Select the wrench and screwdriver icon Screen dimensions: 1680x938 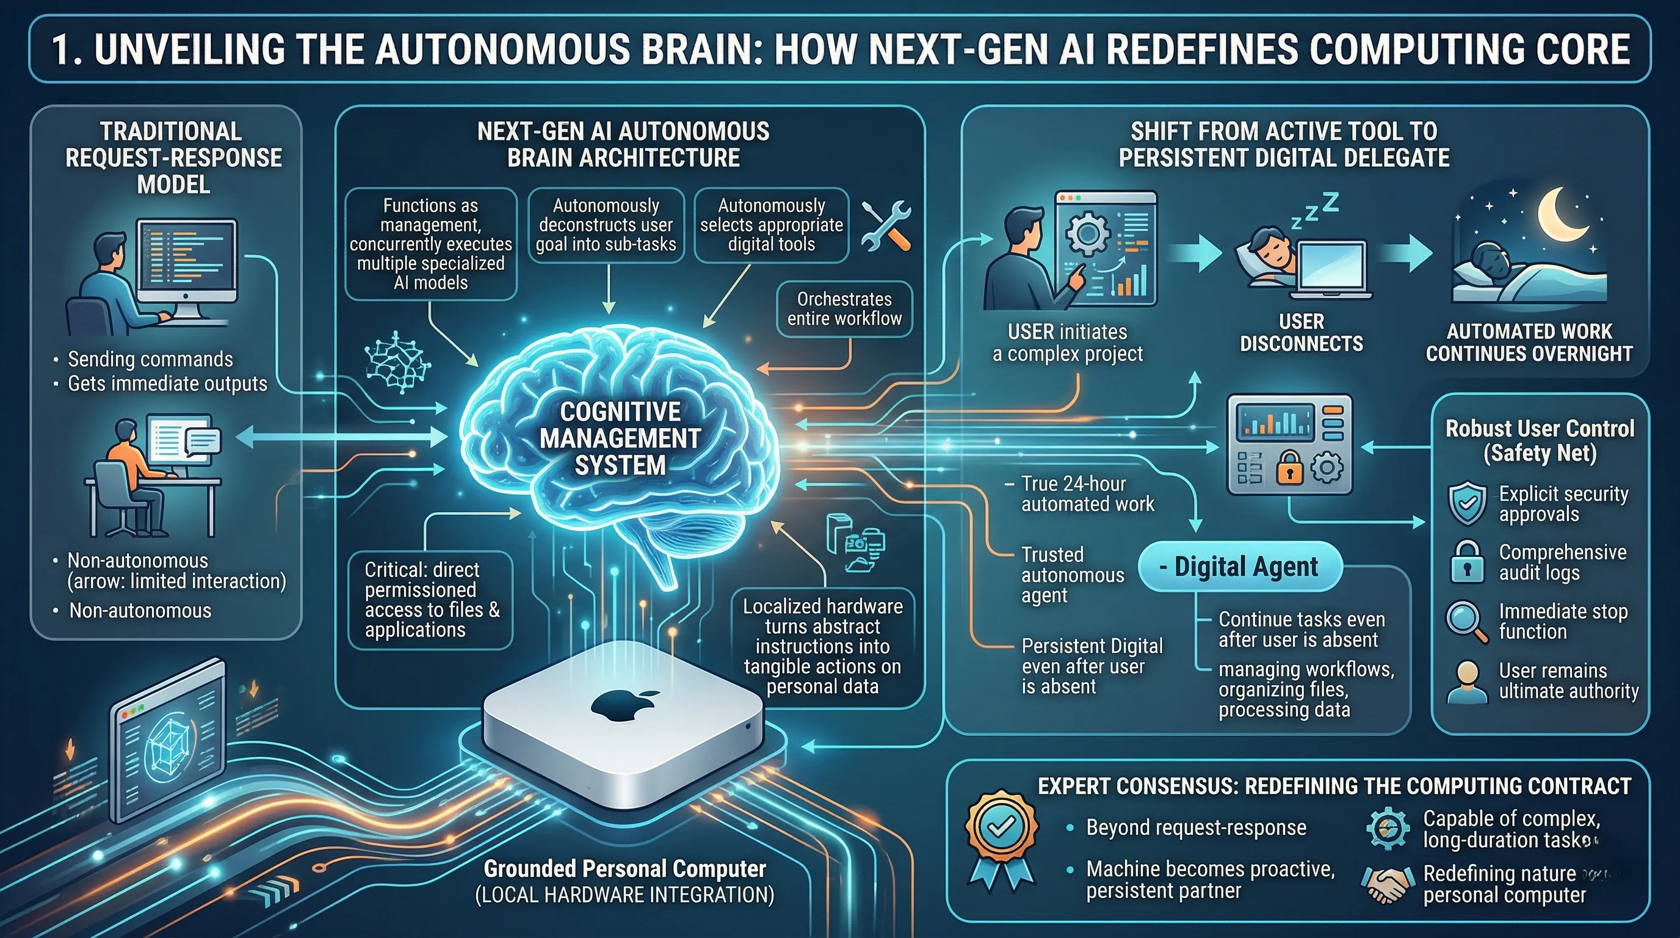pyautogui.click(x=886, y=225)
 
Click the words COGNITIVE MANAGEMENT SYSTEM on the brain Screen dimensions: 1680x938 pyautogui.click(x=620, y=438)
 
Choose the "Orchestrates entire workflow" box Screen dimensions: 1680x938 pyautogui.click(x=844, y=308)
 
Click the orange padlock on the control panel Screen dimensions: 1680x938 pyautogui.click(x=1289, y=468)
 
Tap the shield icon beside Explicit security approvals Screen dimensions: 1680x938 pyautogui.click(x=1467, y=504)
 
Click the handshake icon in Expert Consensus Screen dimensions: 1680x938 pyautogui.click(x=1385, y=884)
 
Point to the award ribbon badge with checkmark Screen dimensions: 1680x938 pyautogui.click(x=1001, y=835)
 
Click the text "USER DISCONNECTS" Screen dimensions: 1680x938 pyautogui.click(x=1301, y=333)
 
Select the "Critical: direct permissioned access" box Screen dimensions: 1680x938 pyautogui.click(x=430, y=600)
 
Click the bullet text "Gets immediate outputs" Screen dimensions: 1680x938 pyautogui.click(x=168, y=384)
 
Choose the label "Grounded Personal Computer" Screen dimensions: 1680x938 pyautogui.click(x=624, y=869)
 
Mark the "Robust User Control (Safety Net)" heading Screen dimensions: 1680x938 pyautogui.click(x=1540, y=440)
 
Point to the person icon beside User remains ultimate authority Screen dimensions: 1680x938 pyautogui.click(x=1467, y=681)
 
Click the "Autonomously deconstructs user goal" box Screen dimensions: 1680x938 pyautogui.click(x=606, y=225)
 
